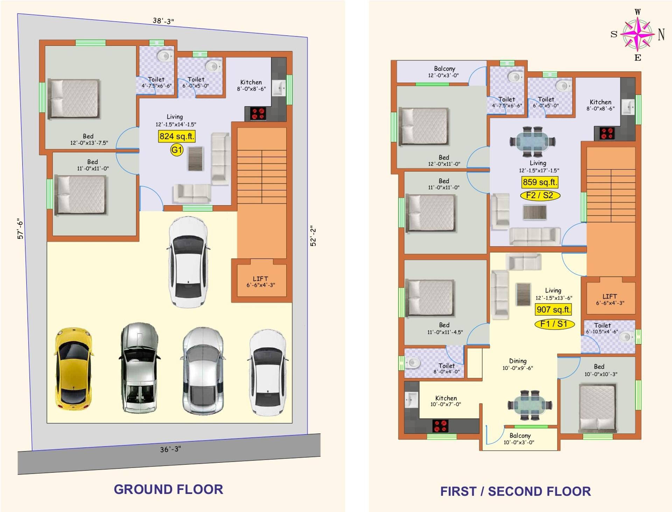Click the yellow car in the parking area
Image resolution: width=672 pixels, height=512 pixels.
[74, 369]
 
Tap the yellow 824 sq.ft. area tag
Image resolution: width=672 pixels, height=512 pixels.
[177, 136]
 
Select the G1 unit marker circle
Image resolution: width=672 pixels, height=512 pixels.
[177, 150]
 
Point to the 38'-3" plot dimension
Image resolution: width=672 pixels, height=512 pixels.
[163, 21]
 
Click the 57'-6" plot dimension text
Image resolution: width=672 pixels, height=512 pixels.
[20, 229]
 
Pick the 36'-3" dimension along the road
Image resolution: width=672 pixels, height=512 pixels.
[170, 449]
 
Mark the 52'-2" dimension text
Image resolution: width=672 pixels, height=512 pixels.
[313, 236]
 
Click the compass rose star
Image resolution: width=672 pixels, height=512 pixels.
[638, 34]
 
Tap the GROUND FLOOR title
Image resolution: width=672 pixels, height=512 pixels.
[168, 489]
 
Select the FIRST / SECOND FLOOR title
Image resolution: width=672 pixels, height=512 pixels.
[516, 491]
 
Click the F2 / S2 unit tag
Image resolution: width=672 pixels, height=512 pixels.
[540, 195]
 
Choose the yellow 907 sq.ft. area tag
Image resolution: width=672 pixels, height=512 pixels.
[554, 309]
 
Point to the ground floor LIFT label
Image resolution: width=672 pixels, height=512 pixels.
[261, 282]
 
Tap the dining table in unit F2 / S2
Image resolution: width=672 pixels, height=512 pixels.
[532, 142]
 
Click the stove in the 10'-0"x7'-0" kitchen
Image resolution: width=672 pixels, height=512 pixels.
[440, 426]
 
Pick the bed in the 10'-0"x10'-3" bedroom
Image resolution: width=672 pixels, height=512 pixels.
[597, 408]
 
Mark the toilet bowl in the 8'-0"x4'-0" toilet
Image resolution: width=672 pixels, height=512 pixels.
[412, 363]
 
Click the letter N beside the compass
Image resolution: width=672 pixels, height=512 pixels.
[661, 34]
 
